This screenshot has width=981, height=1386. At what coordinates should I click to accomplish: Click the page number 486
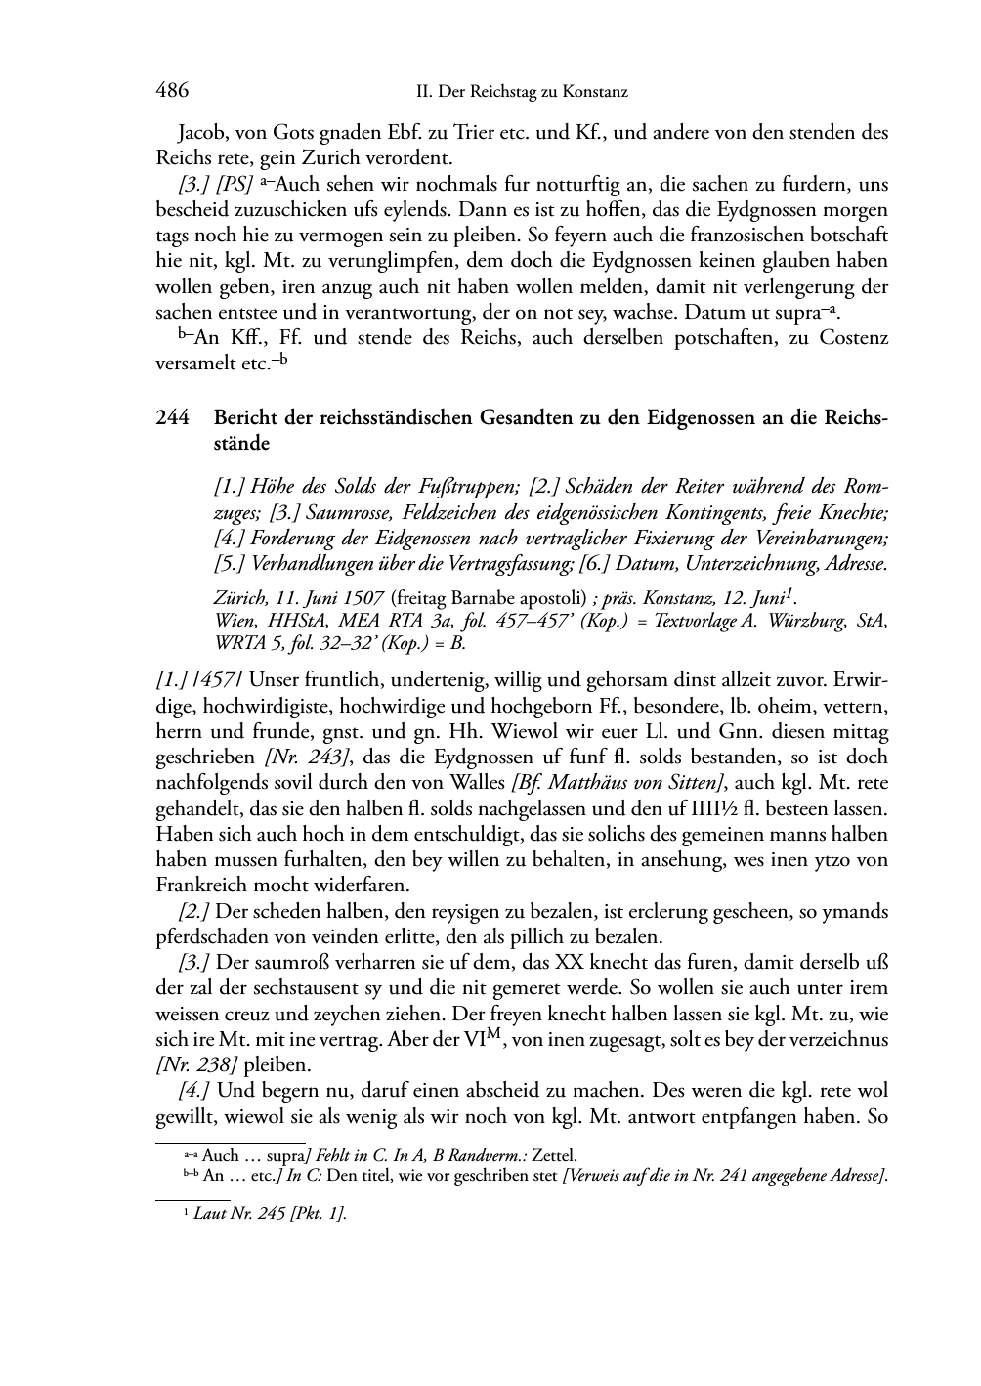(x=172, y=91)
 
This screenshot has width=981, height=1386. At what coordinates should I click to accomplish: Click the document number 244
(x=172, y=417)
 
